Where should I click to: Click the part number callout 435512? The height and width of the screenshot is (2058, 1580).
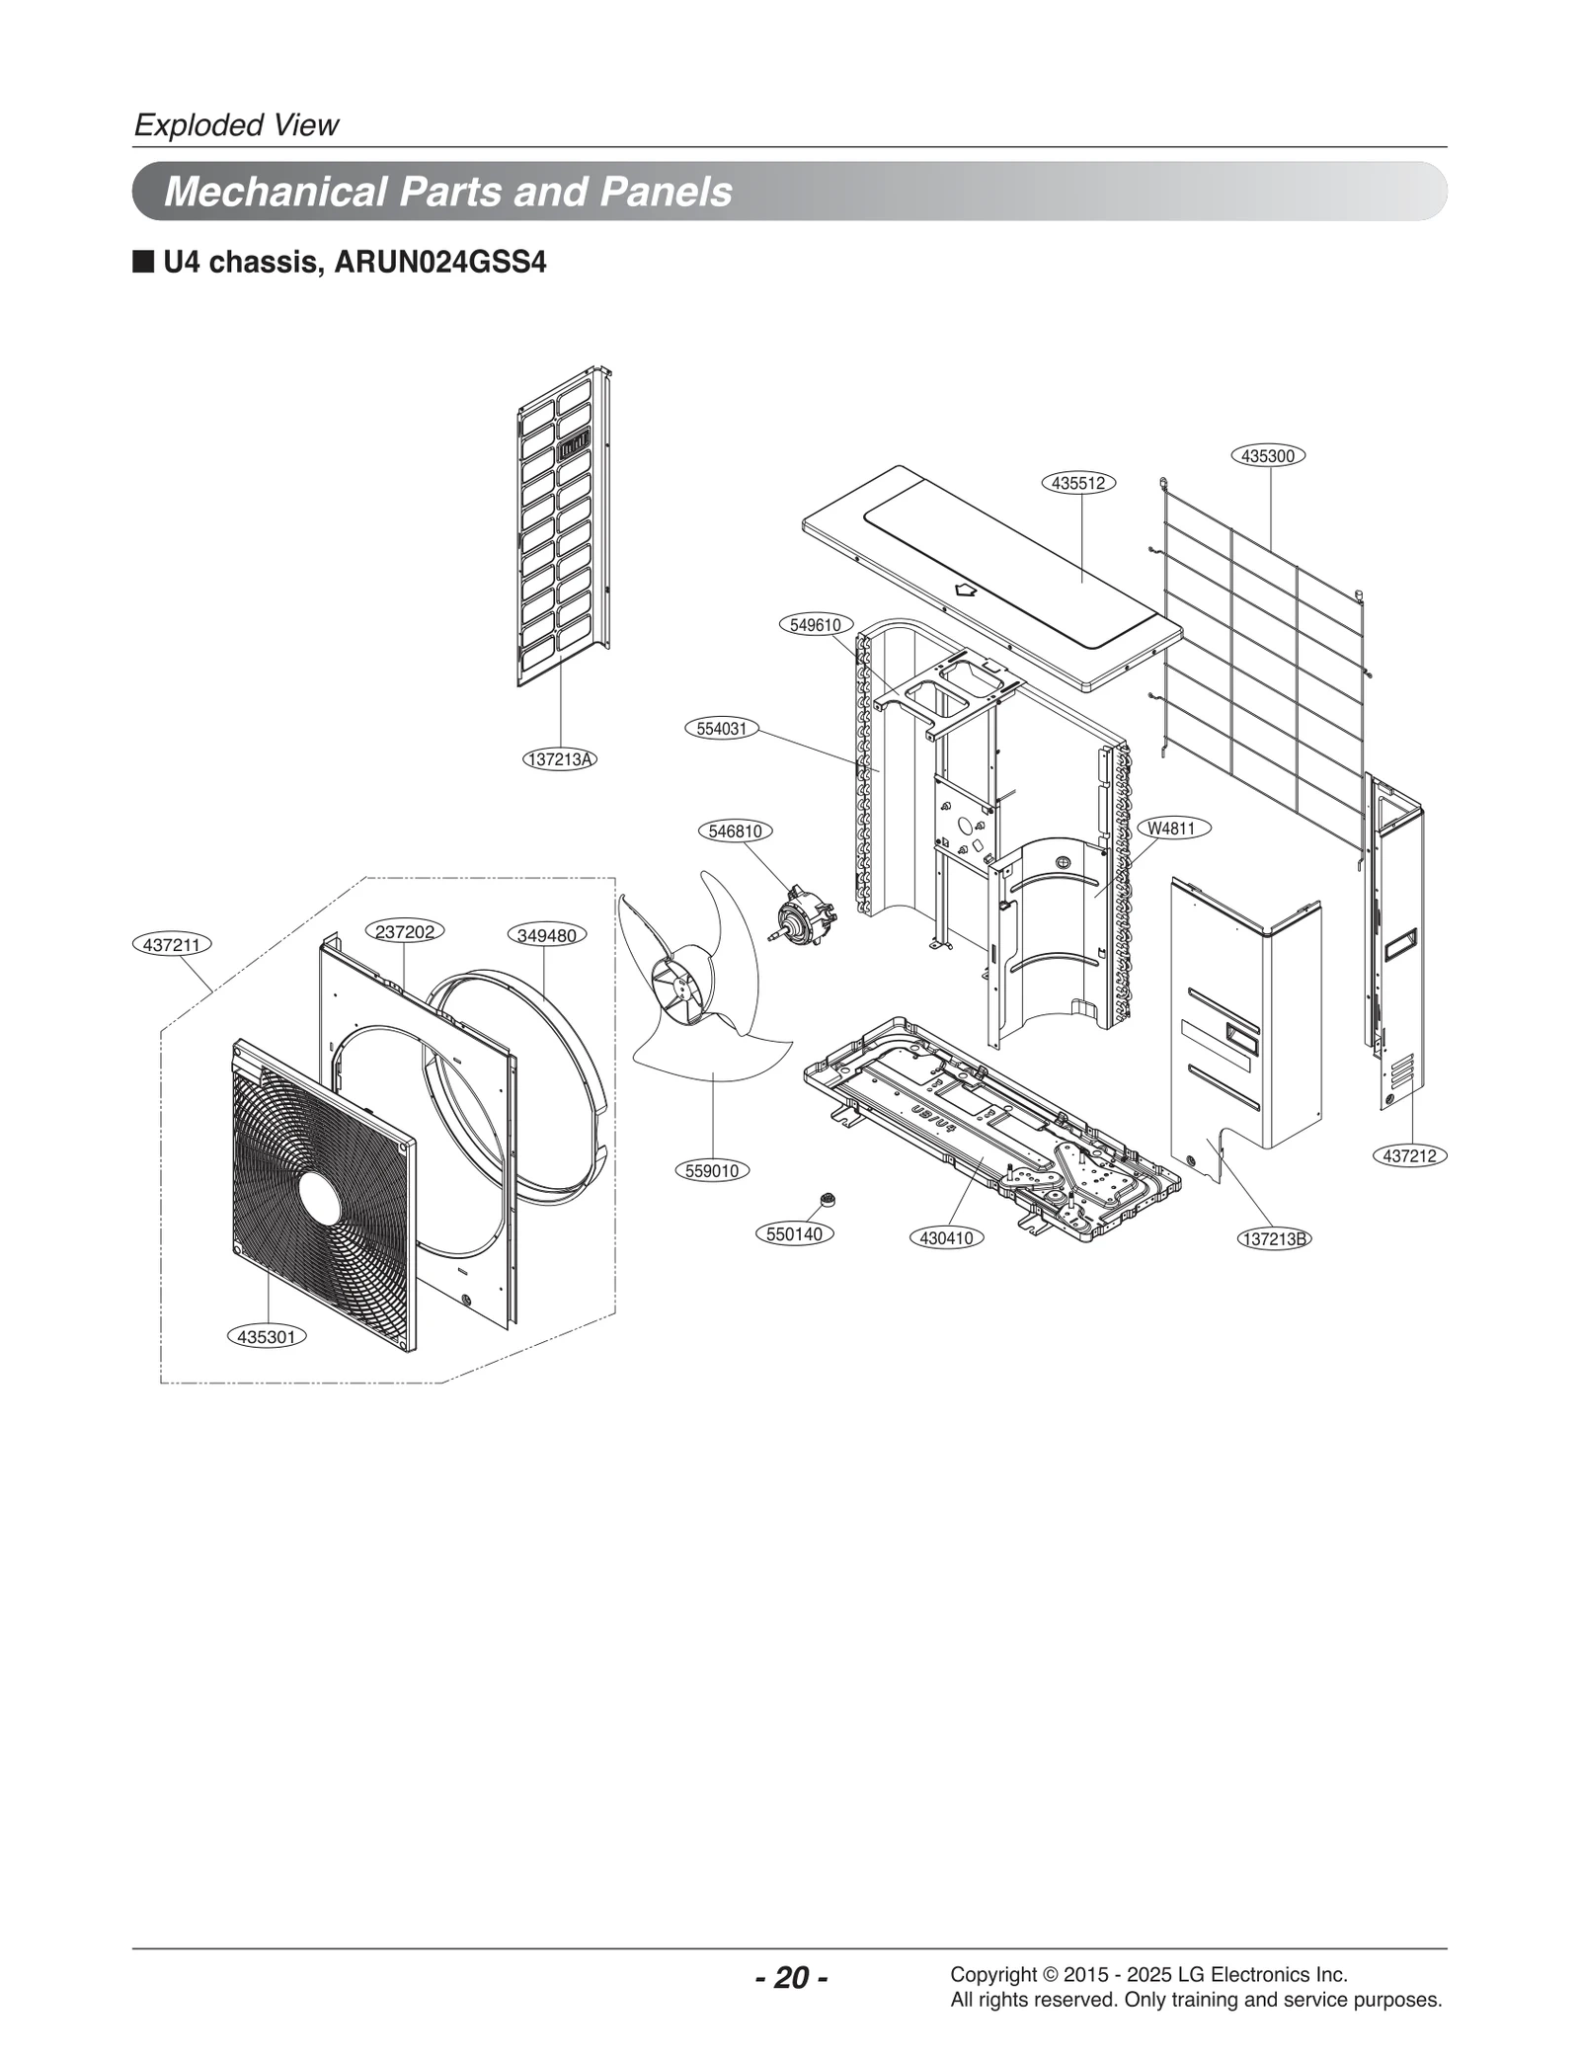pos(1078,483)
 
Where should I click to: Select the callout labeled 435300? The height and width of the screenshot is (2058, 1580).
pos(1268,455)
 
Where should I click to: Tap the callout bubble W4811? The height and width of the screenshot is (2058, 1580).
pos(1172,829)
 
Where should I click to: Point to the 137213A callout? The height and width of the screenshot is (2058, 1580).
pos(560,759)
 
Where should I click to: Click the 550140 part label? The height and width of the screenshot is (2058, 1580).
pos(795,1233)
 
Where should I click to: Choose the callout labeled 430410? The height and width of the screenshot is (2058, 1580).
pos(946,1237)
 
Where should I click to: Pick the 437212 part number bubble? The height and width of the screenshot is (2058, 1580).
pos(1409,1155)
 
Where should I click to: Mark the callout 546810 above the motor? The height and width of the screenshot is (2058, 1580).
pos(735,831)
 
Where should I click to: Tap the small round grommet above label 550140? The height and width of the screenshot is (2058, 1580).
pos(828,1199)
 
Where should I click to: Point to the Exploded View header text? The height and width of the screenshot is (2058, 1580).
pos(236,125)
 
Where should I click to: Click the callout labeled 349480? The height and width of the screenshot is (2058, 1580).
pos(546,934)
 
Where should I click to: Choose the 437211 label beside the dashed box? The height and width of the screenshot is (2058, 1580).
pos(172,944)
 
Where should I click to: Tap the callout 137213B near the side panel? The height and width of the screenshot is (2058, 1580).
pos(1274,1238)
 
